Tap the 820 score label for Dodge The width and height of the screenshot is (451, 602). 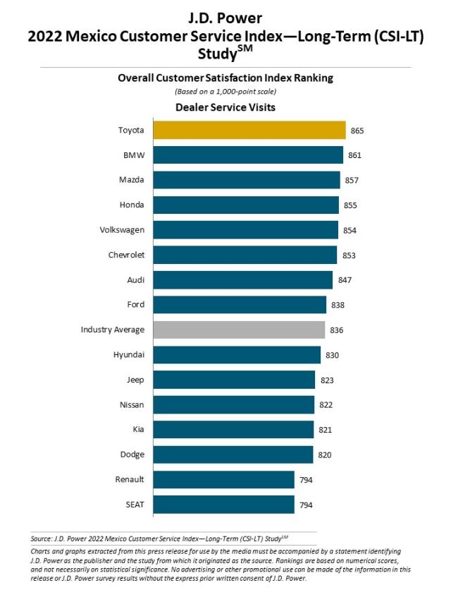point(323,455)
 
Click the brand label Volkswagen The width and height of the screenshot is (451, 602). point(123,230)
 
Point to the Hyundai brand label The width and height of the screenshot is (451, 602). point(128,354)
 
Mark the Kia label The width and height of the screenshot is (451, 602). point(137,430)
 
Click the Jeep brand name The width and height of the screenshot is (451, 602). point(135,380)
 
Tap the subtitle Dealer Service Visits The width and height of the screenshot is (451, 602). point(225,107)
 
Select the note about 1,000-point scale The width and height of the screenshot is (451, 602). point(225,92)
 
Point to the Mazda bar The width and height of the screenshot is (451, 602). point(246,180)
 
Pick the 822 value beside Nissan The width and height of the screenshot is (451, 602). point(325,405)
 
